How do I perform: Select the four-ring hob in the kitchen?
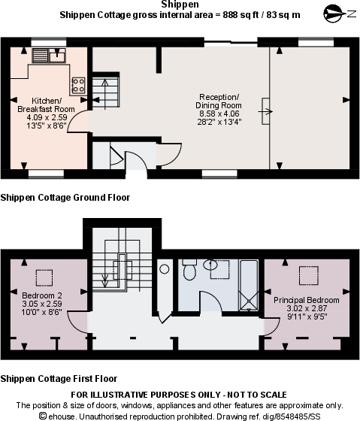click(x=77, y=85)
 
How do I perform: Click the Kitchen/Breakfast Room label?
click(x=46, y=105)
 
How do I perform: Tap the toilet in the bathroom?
click(x=189, y=268)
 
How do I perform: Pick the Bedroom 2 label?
click(x=42, y=295)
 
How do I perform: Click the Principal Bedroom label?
click(x=306, y=300)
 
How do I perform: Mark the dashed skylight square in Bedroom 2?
click(x=44, y=275)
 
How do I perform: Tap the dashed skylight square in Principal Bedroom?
click(x=307, y=275)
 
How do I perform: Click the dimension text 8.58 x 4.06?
click(x=219, y=114)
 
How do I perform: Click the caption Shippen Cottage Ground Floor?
click(x=65, y=198)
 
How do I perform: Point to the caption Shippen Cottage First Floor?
click(x=59, y=378)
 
